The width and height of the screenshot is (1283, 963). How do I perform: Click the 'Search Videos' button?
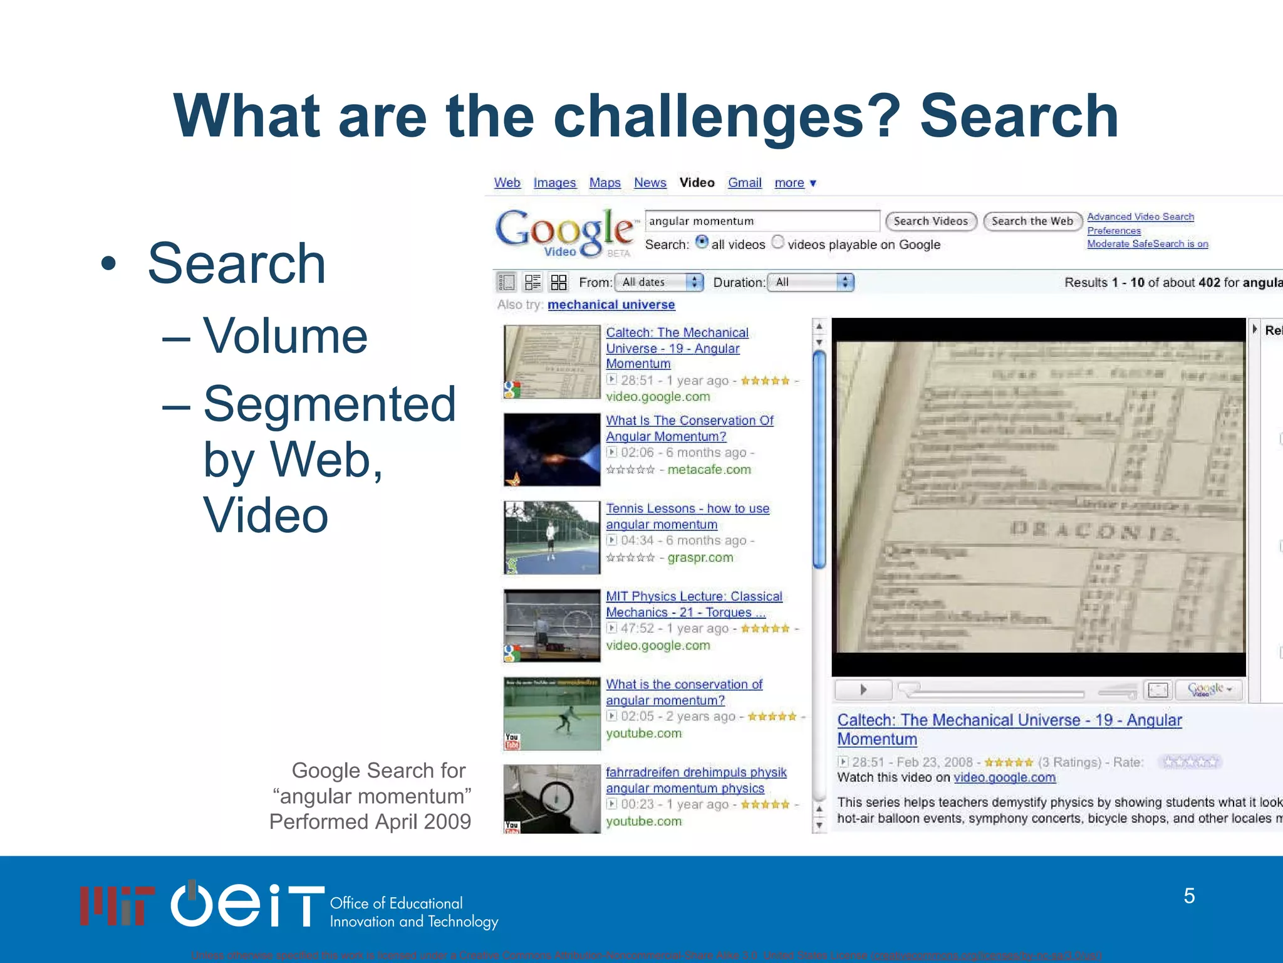[930, 221]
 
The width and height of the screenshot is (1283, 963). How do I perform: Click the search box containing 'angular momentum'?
[761, 221]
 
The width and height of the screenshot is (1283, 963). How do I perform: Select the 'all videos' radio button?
[702, 242]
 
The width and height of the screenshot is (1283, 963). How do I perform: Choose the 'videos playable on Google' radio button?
[777, 242]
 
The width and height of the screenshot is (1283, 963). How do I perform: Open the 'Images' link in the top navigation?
[554, 182]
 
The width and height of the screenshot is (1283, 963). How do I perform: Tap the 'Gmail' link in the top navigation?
[744, 182]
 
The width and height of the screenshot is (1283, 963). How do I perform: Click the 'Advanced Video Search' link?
[1140, 217]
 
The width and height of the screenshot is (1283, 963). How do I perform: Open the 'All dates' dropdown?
[659, 282]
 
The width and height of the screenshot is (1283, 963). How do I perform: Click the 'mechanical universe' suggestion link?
[611, 305]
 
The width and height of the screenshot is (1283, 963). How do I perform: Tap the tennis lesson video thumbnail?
[552, 537]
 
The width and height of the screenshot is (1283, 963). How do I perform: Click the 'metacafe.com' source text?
[709, 470]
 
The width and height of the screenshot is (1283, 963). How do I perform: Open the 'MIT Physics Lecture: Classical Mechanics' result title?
[693, 604]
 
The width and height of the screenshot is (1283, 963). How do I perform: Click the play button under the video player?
[863, 690]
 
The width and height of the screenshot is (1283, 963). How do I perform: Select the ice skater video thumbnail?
[552, 713]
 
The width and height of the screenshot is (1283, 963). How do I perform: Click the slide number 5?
[1189, 896]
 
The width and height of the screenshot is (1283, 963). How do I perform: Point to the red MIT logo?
[117, 905]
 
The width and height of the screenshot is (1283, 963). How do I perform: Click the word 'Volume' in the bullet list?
[285, 336]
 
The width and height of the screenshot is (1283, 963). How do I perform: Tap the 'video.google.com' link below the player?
[1004, 777]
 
